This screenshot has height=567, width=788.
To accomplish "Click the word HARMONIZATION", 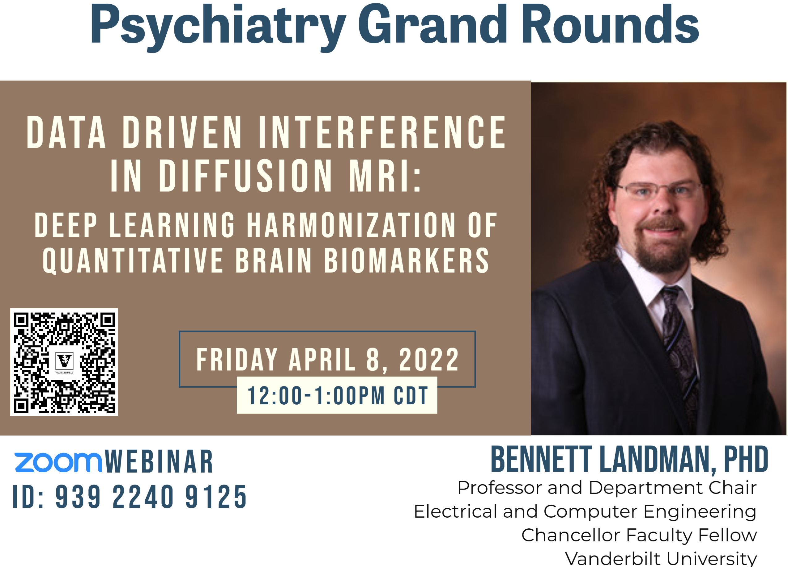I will pos(351,226).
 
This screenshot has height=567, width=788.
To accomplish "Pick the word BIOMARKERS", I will pos(407,261).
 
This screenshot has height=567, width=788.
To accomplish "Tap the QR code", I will pos(64,362).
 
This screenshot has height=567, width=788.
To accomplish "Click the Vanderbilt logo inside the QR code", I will pos(65,362).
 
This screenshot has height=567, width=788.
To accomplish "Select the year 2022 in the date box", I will pos(429,360).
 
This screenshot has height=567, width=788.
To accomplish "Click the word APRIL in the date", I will pos(322,360).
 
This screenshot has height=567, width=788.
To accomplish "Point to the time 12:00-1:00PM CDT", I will pos(337,396).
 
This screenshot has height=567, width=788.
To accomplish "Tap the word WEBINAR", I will pos(159,462).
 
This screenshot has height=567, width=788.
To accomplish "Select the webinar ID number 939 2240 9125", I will pos(151,497).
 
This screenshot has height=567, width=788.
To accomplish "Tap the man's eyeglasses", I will pos(659,190).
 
